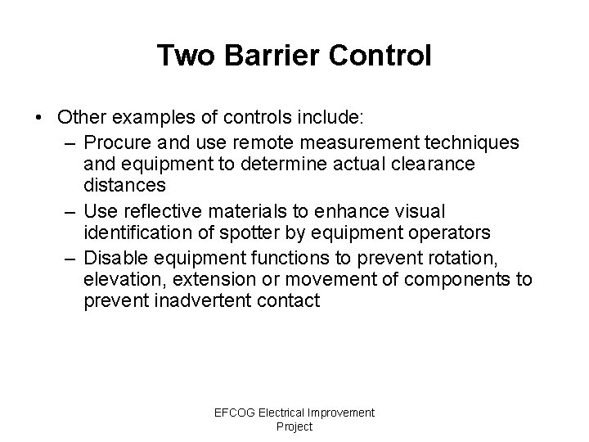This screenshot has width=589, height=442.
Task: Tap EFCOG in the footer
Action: (x=234, y=413)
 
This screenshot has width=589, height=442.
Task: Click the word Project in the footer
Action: (x=294, y=426)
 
